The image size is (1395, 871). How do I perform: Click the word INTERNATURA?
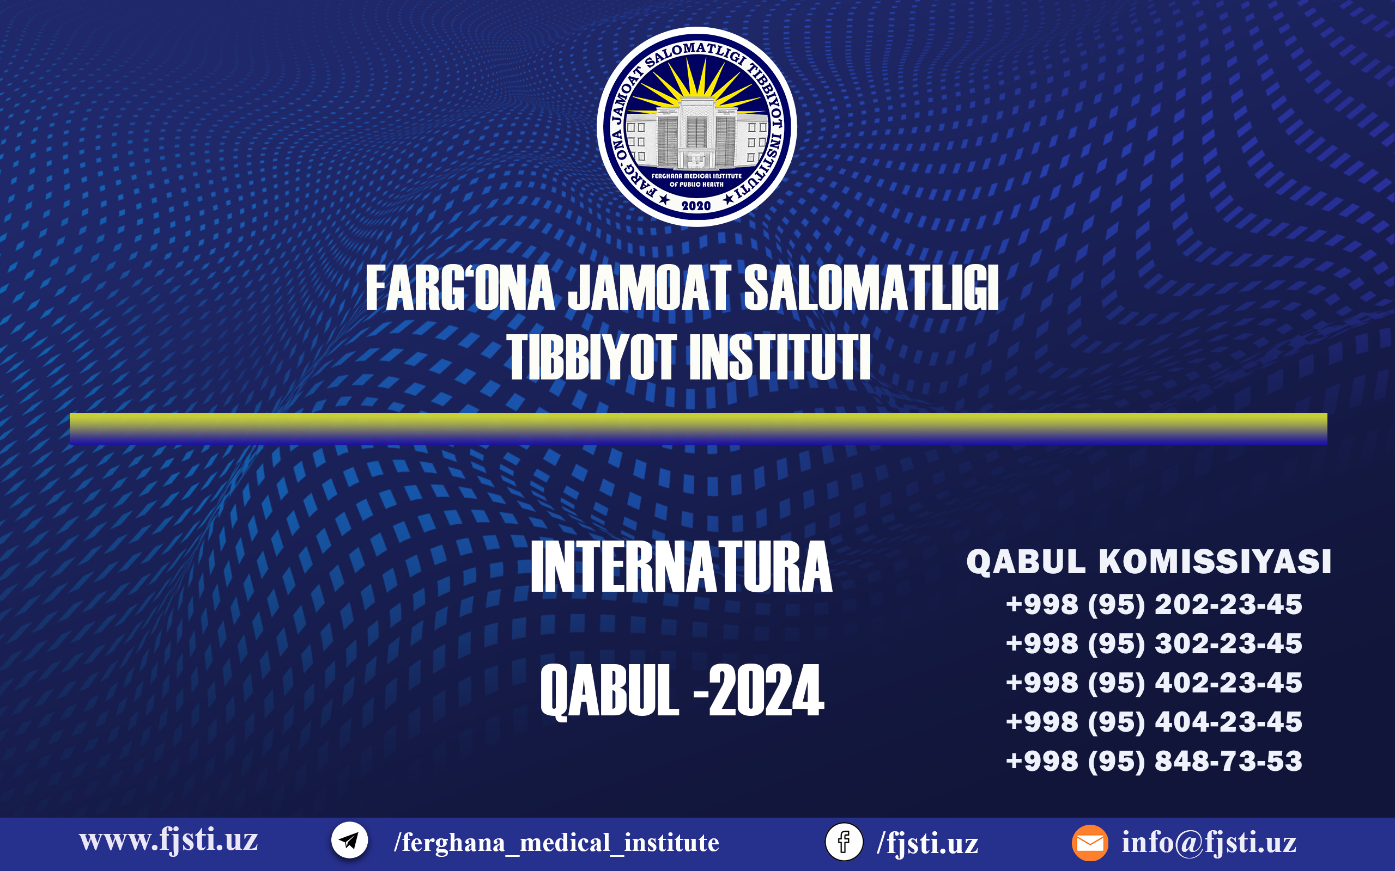click(x=681, y=567)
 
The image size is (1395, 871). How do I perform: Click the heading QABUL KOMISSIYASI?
click(x=1149, y=562)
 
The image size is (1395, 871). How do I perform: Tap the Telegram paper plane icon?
click(x=349, y=841)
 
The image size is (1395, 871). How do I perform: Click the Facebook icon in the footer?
click(x=844, y=842)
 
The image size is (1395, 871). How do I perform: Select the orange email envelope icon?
click(x=1089, y=843)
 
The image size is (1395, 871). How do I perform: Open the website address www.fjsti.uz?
click(x=168, y=841)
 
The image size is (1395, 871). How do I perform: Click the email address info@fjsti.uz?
click(x=1209, y=843)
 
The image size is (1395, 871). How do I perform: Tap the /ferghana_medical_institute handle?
click(x=556, y=843)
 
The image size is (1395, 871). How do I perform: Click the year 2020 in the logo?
click(x=696, y=206)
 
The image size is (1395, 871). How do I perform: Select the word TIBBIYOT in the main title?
click(x=591, y=358)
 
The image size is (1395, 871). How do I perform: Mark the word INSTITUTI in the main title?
click(x=780, y=358)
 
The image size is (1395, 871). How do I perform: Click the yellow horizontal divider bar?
click(x=699, y=428)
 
